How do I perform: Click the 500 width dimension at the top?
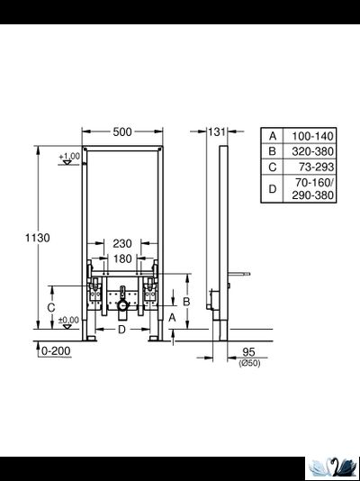122,132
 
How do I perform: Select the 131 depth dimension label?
214,132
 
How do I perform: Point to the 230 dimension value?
122,243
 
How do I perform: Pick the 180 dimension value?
122,259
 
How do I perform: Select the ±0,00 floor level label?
67,320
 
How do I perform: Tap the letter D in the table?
273,189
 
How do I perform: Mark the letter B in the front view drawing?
185,302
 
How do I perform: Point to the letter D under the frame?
121,329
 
